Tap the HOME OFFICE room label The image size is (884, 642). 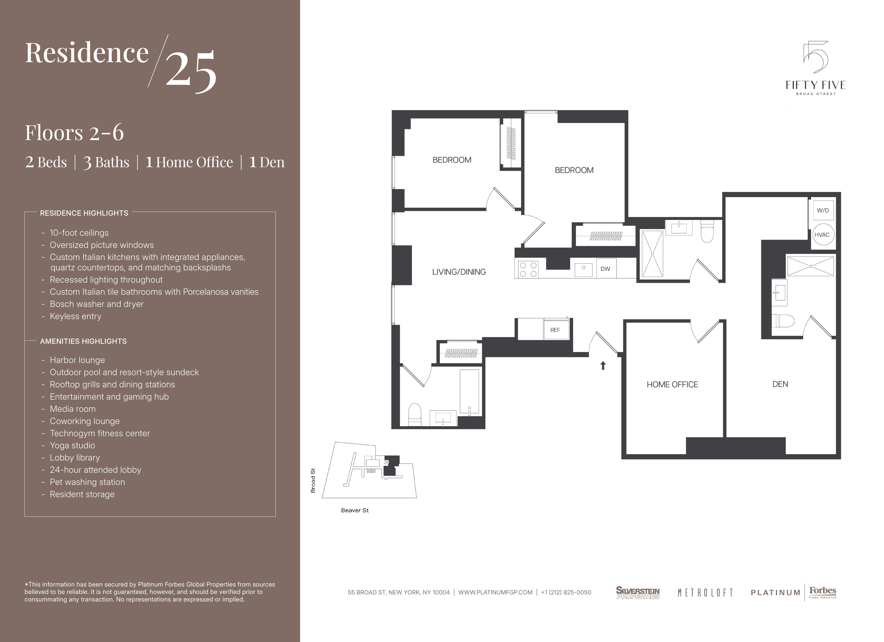click(672, 385)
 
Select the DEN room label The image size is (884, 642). click(780, 384)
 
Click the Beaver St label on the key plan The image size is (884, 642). click(355, 510)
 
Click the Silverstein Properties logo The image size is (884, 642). click(638, 592)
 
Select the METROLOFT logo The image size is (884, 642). click(705, 593)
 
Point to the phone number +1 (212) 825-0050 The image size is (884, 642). click(566, 593)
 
